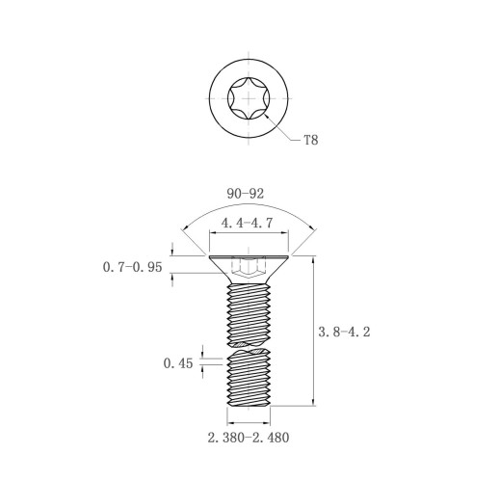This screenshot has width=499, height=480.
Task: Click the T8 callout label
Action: coord(311,140)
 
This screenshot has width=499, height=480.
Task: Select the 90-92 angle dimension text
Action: coord(246,194)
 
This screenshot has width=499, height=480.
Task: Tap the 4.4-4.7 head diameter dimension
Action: coord(247,223)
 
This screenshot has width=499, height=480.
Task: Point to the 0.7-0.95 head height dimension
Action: coord(132,267)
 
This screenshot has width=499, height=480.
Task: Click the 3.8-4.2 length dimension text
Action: coord(344,332)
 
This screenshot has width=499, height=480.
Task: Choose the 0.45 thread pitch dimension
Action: coord(178,363)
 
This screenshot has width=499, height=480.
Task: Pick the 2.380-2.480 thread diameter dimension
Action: coord(249,438)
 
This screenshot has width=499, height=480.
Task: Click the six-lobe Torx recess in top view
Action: coord(249,98)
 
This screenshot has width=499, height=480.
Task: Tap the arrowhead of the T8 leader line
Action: coord(267,117)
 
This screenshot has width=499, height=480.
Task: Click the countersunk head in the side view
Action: coord(249,270)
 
